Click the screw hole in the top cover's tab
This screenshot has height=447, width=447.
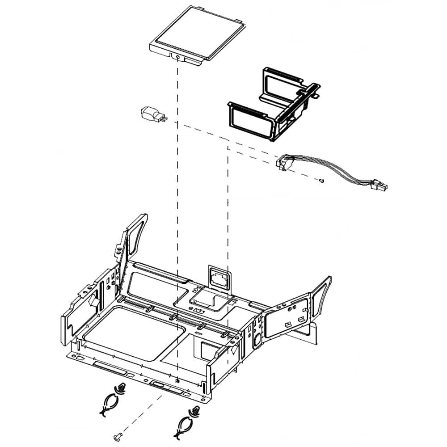tap(178, 57)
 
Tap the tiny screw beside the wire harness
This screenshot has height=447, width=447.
tap(321, 180)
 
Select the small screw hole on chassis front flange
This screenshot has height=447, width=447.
tap(178, 380)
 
